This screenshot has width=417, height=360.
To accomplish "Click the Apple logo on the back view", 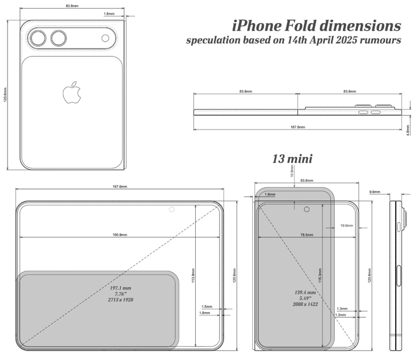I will (71, 92).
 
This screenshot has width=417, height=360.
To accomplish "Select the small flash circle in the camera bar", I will (105, 38).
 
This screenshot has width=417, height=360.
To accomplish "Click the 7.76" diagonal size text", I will (120, 294).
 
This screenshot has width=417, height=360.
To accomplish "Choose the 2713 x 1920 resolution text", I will (120, 300).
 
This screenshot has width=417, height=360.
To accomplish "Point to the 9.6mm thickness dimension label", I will (374, 191).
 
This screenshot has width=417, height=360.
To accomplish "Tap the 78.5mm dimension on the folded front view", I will (306, 235).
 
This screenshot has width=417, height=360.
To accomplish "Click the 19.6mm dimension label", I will (346, 225).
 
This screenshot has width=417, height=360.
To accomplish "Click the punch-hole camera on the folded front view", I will (306, 209).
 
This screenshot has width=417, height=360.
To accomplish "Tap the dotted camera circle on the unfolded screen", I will (171, 209).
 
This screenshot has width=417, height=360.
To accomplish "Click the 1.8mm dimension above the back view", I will (108, 13).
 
